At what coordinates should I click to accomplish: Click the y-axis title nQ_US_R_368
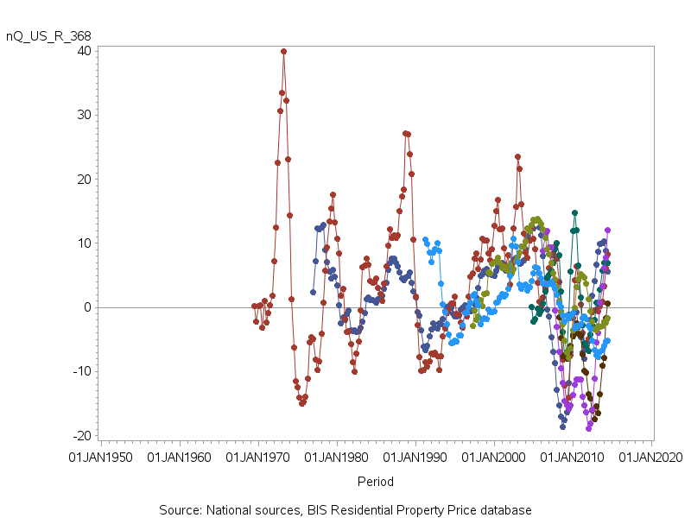pyautogui.click(x=48, y=35)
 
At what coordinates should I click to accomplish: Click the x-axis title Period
pyautogui.click(x=376, y=482)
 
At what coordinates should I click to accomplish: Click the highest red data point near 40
pyautogui.click(x=283, y=52)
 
